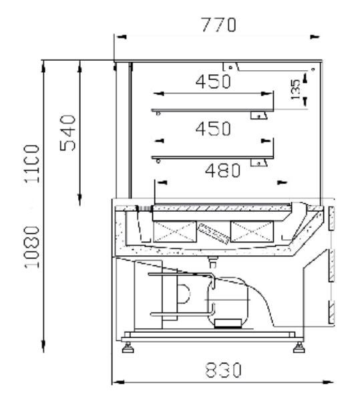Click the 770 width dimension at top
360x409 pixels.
[219, 25]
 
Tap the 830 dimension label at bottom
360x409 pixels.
[223, 370]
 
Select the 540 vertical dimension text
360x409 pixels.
[67, 133]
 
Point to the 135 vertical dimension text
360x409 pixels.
[295, 90]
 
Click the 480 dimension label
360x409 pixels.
[222, 170]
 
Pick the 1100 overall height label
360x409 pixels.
[32, 164]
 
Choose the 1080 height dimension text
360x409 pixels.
[32, 247]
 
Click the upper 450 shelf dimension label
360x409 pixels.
[213, 81]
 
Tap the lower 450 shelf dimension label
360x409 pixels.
[213, 128]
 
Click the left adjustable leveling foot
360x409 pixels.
[128, 348]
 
